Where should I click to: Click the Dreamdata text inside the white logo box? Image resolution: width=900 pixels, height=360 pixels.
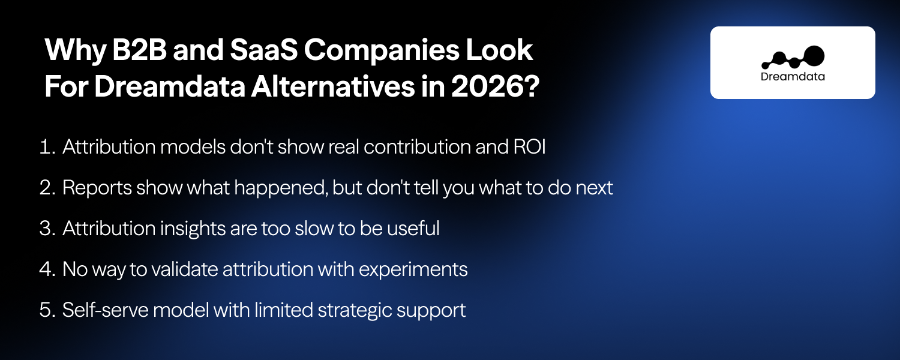(792, 76)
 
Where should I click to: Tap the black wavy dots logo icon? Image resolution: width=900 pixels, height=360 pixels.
(793, 57)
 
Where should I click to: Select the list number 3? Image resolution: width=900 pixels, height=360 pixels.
(47, 229)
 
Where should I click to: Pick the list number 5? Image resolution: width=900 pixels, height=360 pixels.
(47, 310)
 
